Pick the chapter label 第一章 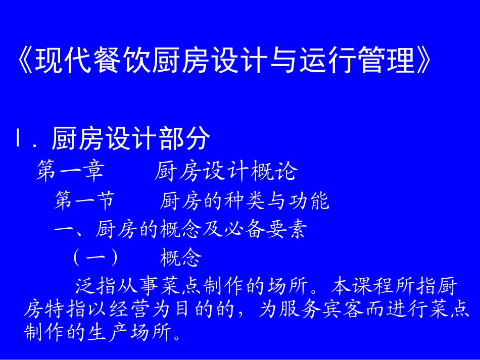click(x=70, y=172)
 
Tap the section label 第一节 click(x=84, y=201)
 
